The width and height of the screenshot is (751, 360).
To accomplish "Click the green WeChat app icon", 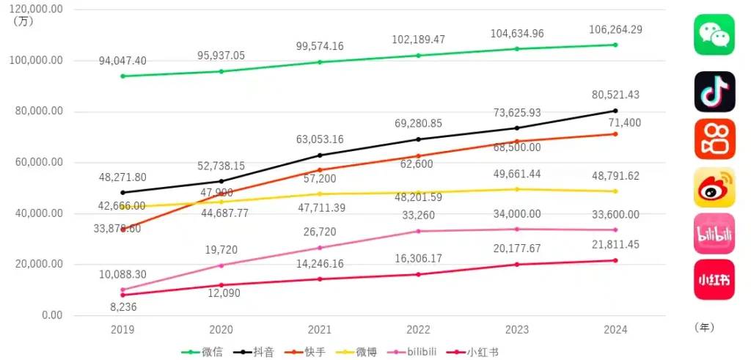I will tap(714, 34).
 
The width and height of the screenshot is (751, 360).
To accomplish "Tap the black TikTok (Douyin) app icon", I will tap(714, 92).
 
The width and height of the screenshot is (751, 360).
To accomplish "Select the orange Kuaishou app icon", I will tap(714, 139).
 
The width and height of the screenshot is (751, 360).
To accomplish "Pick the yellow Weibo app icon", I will tap(714, 187).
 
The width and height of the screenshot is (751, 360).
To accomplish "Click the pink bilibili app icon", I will tap(714, 233).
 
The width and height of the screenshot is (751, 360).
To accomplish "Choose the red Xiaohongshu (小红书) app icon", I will tap(714, 279).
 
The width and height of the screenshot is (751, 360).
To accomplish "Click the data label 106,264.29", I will tap(615, 30).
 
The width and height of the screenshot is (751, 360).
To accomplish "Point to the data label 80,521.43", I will tap(615, 95).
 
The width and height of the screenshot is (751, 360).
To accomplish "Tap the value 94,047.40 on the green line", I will tap(122, 61).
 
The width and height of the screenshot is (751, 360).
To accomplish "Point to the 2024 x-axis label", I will tap(615, 330).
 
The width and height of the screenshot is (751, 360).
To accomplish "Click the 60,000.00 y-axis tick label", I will tap(38, 162).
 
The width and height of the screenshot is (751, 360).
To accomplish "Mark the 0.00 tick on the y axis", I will tap(50, 315).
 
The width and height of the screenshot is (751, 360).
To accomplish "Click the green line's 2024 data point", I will tap(615, 45).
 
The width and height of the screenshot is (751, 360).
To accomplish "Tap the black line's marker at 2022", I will tap(419, 139).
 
